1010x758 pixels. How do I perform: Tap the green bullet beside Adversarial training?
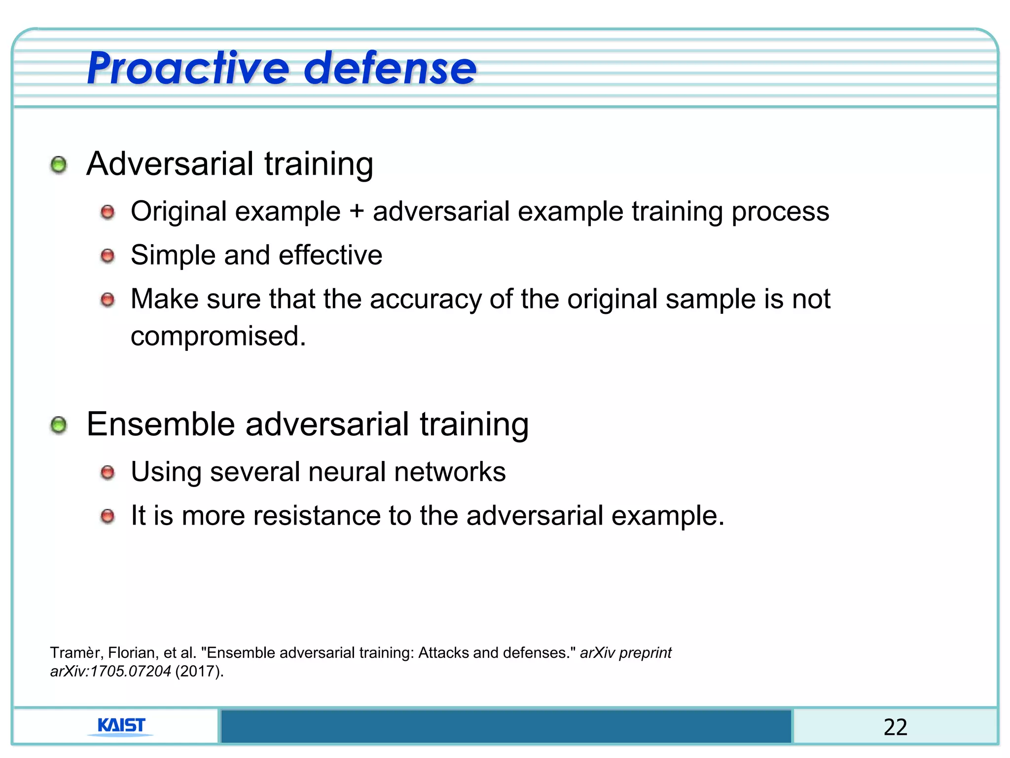[59, 165]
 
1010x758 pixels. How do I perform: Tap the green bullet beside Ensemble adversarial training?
[59, 425]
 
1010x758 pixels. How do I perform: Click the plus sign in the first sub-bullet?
[356, 212]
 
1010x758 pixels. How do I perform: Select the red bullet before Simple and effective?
[108, 256]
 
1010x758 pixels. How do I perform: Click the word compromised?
[218, 336]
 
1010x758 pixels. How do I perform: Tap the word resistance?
[317, 516]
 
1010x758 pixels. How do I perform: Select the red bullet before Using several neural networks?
[108, 473]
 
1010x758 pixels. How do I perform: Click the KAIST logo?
[121, 726]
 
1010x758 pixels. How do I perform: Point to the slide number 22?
[895, 727]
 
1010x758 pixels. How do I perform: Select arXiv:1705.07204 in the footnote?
[110, 672]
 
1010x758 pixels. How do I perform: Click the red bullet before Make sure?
[108, 300]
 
